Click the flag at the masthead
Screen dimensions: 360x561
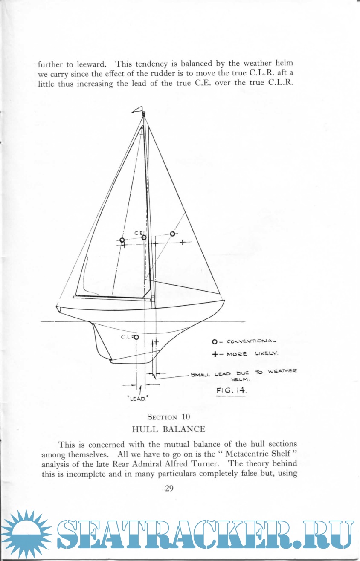coord(137,110)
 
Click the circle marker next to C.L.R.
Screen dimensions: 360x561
coord(136,337)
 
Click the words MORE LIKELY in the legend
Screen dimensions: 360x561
coord(252,354)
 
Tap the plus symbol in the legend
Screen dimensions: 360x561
coord(215,354)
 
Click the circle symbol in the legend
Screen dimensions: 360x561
coord(215,342)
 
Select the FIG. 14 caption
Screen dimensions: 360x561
coord(231,390)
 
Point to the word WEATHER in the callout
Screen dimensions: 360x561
coord(282,371)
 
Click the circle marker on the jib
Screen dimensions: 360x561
coord(172,234)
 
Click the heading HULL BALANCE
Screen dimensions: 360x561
coord(168,429)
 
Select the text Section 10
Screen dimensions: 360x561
coord(168,417)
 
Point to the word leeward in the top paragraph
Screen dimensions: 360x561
coord(91,64)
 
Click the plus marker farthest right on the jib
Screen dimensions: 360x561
coord(183,242)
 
